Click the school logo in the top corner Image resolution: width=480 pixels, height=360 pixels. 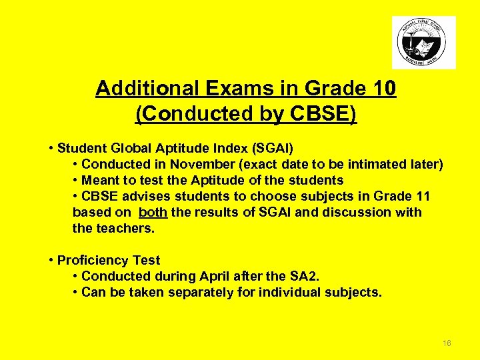click(x=423, y=42)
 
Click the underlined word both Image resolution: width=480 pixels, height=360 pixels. click(x=153, y=212)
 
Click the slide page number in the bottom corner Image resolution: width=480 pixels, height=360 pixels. click(x=447, y=343)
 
